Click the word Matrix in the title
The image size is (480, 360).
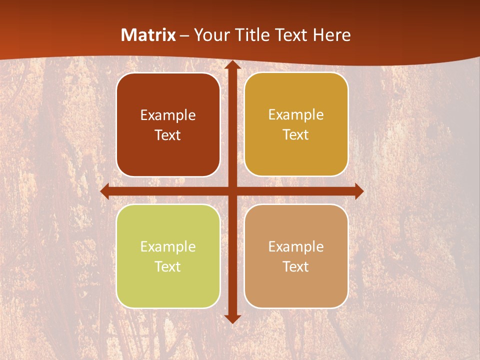click(x=148, y=35)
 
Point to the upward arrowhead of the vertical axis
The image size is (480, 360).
click(x=232, y=64)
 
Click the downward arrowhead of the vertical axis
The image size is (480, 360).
click(x=232, y=318)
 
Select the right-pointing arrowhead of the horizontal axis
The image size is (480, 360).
click(x=359, y=191)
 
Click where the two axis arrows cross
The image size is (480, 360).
click(x=232, y=191)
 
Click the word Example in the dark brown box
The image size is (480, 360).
click(x=168, y=115)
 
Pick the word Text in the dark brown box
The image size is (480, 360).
click(x=168, y=135)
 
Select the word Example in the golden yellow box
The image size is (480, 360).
click(x=296, y=115)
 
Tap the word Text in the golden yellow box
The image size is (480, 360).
click(x=296, y=134)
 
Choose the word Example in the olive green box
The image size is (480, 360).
click(x=168, y=247)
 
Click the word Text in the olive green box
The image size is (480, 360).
click(x=168, y=266)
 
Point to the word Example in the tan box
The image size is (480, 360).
click(x=296, y=246)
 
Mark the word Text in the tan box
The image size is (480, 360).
click(x=296, y=266)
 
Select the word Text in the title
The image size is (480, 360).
click(x=289, y=35)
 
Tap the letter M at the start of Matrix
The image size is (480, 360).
click(x=127, y=35)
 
